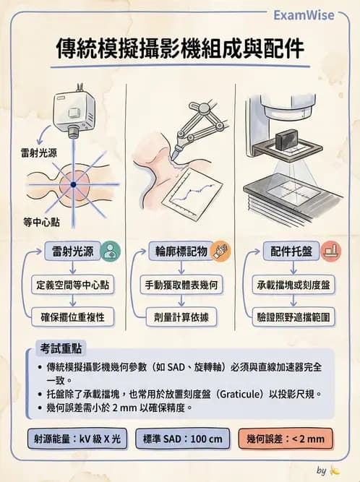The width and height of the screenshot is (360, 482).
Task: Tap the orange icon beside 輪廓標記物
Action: [220, 251]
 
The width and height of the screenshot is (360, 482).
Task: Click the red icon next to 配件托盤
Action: [330, 251]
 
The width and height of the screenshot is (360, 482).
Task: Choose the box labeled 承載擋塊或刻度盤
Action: [293, 285]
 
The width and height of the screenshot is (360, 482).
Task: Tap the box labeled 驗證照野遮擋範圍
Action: [293, 316]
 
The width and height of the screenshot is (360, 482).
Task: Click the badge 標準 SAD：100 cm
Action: [181, 438]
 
